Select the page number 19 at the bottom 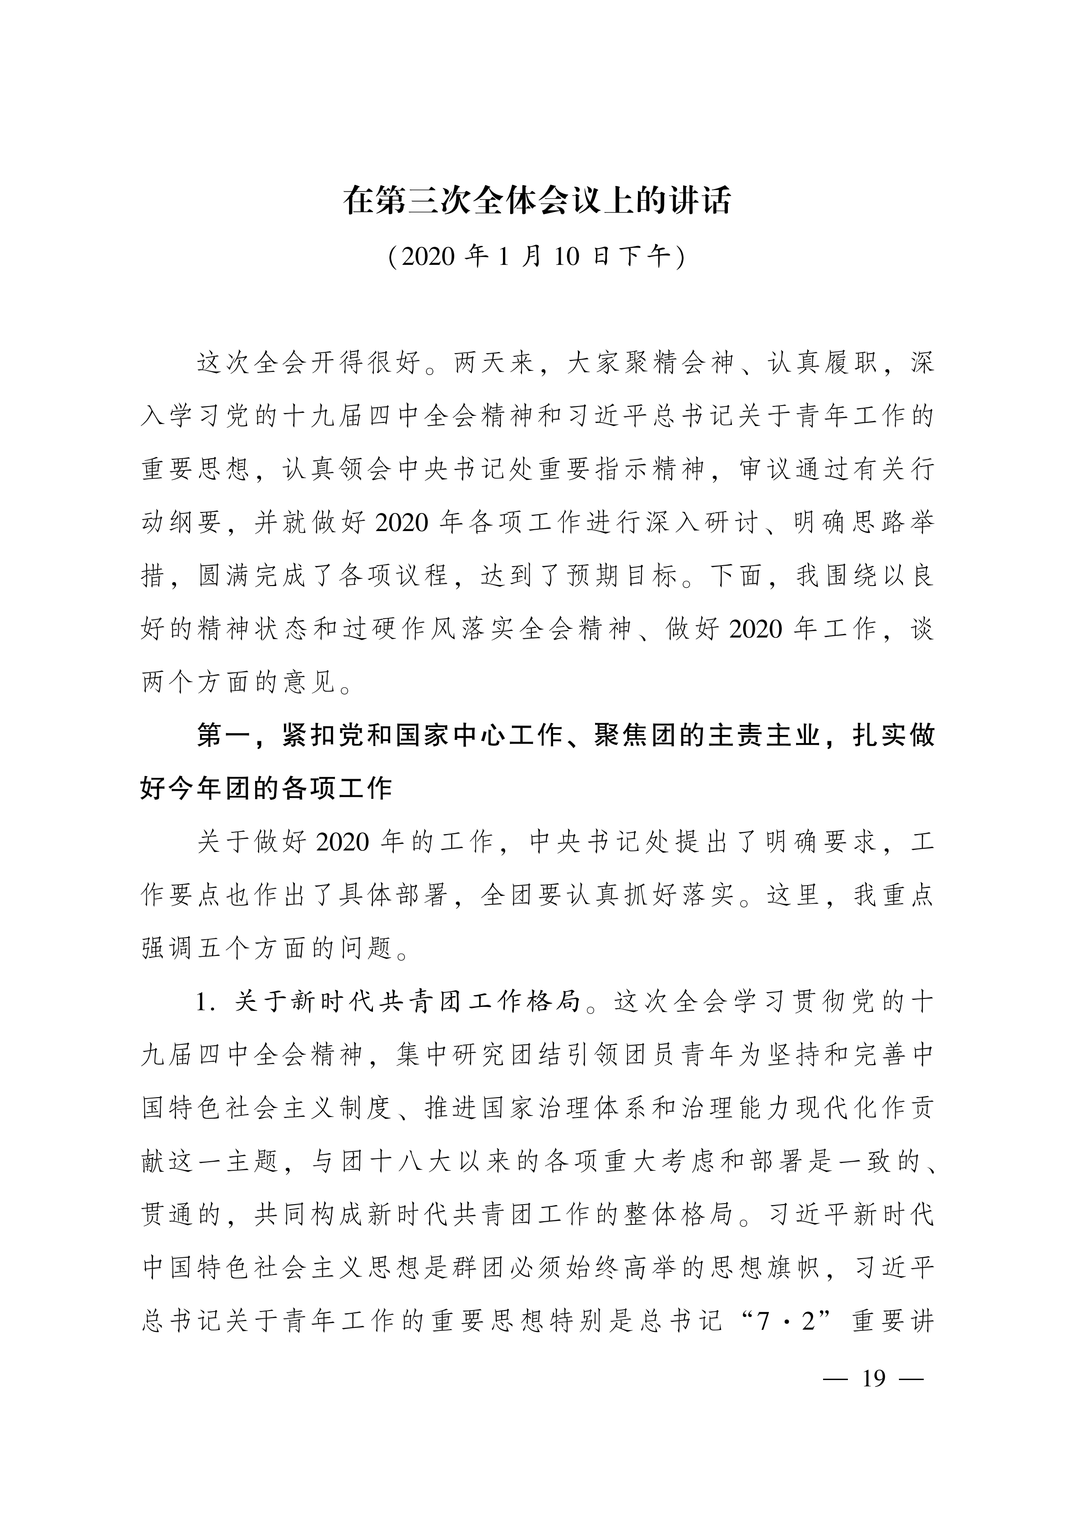[x=874, y=1378]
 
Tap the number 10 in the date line [x=567, y=257]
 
